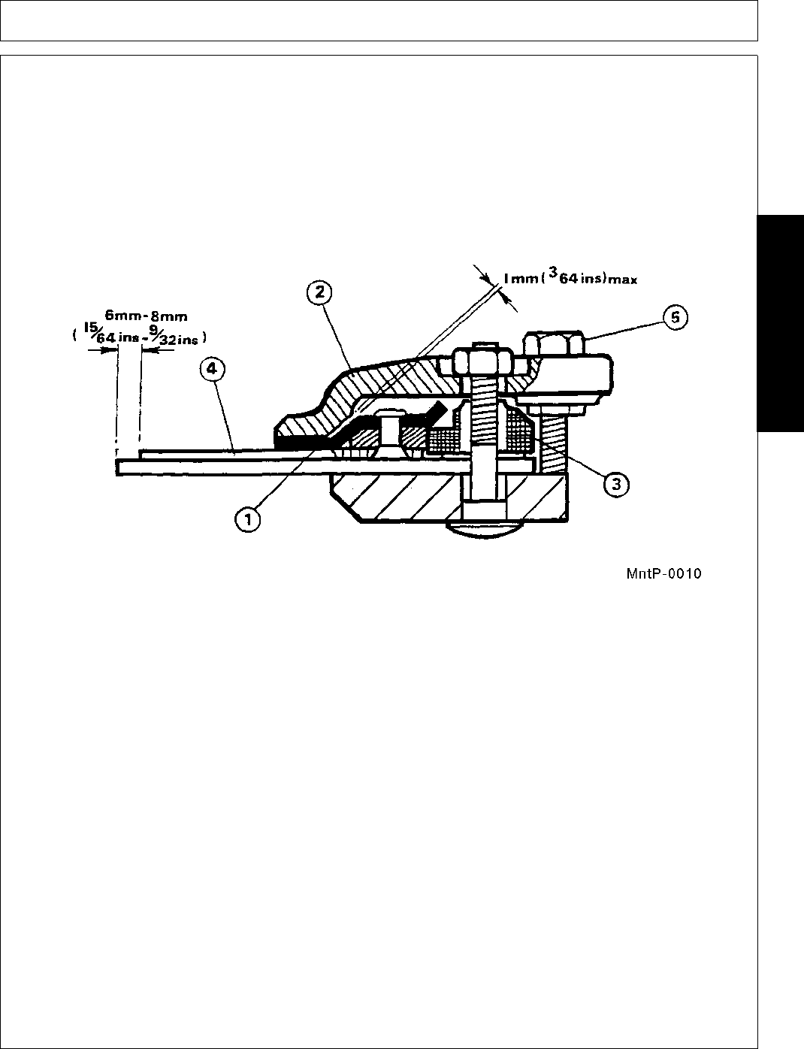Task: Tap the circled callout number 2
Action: pyautogui.click(x=319, y=292)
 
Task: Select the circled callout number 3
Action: pyautogui.click(x=615, y=485)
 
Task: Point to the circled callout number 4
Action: pyautogui.click(x=213, y=369)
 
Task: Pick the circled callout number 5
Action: pyautogui.click(x=675, y=317)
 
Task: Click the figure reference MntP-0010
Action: pyautogui.click(x=663, y=574)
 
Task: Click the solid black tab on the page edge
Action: pyautogui.click(x=780, y=323)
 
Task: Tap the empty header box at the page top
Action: pyautogui.click(x=379, y=20)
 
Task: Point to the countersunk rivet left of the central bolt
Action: pyautogui.click(x=390, y=432)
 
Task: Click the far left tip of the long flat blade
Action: pyautogui.click(x=119, y=467)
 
